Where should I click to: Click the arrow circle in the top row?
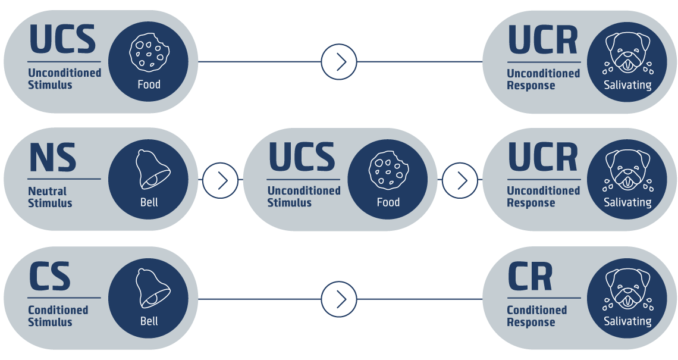point(339,61)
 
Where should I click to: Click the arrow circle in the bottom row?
point(339,299)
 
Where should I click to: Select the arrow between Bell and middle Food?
point(221,180)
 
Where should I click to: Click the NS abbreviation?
point(52,158)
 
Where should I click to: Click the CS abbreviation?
point(50,277)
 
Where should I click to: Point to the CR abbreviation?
point(530,277)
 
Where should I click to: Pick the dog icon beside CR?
point(627,288)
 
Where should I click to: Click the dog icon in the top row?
point(627,52)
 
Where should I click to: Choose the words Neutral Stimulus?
point(50,197)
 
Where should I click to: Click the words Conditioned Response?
point(536,316)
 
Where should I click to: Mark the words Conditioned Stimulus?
point(58,316)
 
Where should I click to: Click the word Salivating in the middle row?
point(627,202)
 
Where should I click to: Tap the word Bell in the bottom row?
point(149,321)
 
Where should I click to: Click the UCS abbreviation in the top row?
point(62,39)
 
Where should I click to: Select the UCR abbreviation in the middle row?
point(542,158)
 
